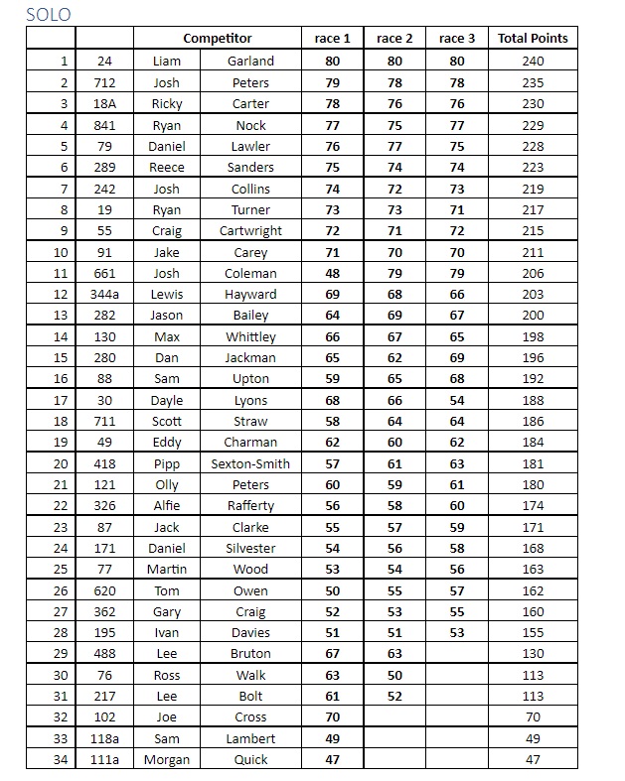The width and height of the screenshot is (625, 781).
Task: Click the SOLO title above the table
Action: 48,15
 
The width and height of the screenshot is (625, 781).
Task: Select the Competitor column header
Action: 217,39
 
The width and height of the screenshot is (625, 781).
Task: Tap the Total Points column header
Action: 533,39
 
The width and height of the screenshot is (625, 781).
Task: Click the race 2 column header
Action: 394,39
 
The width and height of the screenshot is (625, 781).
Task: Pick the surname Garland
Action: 250,61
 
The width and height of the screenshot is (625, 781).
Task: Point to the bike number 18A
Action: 104,103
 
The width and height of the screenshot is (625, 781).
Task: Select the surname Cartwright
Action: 250,230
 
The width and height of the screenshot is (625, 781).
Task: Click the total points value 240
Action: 533,61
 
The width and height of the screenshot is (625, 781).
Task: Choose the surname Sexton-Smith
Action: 250,463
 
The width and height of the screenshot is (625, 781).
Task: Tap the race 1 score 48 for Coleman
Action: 332,273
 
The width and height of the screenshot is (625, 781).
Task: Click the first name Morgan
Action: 167,759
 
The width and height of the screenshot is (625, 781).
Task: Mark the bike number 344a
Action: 104,294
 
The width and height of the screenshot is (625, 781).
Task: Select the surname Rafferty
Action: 250,505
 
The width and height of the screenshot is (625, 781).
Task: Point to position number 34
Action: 62,759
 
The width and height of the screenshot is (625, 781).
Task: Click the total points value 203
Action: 533,294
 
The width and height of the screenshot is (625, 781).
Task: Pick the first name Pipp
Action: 167,463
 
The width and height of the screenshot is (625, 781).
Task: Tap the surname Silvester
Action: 250,548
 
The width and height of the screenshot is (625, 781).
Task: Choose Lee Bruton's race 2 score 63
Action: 394,653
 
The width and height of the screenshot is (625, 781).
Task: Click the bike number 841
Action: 104,125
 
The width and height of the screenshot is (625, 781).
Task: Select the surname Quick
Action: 250,759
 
